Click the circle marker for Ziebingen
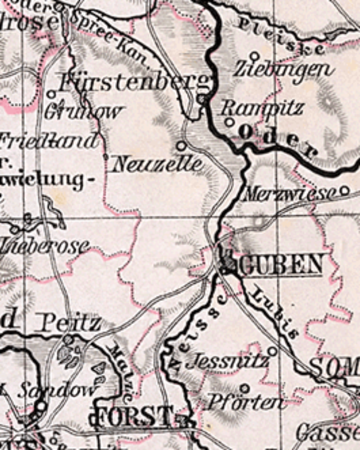click(254, 56)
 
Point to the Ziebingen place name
click(284, 70)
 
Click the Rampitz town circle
click(229, 122)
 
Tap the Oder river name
click(277, 141)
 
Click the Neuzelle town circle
click(181, 145)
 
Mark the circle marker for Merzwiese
click(344, 190)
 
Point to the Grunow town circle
click(51, 94)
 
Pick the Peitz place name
click(70, 323)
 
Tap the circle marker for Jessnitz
click(272, 351)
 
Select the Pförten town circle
click(244, 388)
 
